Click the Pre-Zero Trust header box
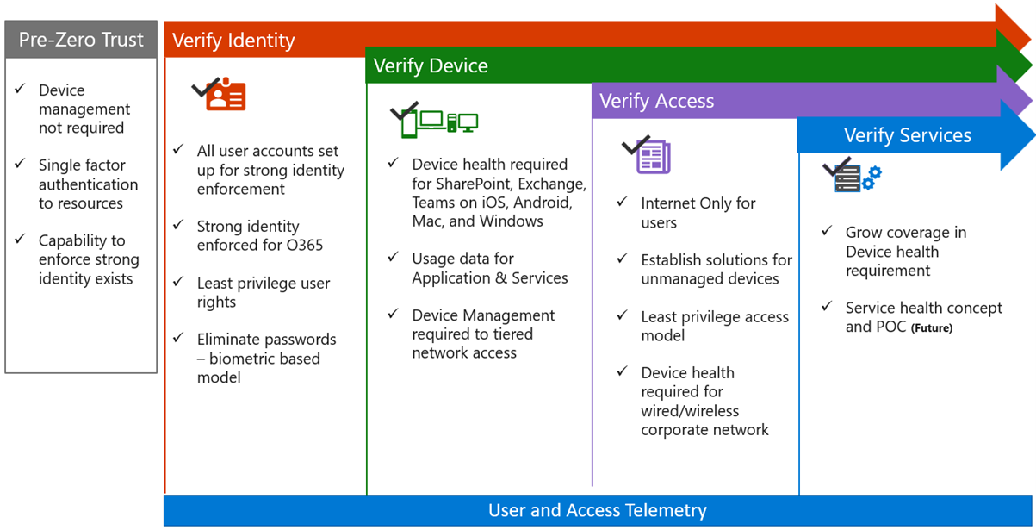pyautogui.click(x=82, y=40)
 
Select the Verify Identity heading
pyautogui.click(x=233, y=41)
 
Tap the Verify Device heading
pyautogui.click(x=431, y=66)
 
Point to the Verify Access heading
pyautogui.click(x=656, y=101)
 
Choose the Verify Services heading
pyautogui.click(x=908, y=135)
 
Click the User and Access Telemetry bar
pyautogui.click(x=598, y=510)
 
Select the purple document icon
pyautogui.click(x=653, y=157)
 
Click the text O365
pyautogui.click(x=303, y=246)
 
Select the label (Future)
pyautogui.click(x=932, y=328)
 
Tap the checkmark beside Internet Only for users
pyautogui.click(x=623, y=202)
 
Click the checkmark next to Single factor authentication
pyautogui.click(x=21, y=164)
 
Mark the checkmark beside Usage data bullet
pyautogui.click(x=394, y=257)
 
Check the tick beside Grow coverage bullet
pyautogui.click(x=827, y=231)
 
